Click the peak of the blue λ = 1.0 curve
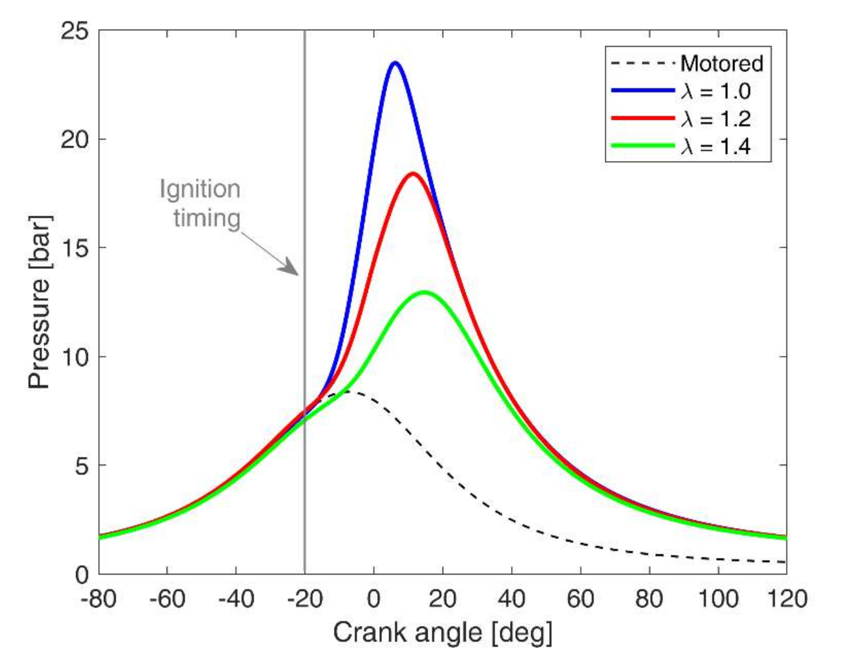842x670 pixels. click(x=395, y=63)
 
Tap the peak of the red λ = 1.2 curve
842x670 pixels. click(x=413, y=174)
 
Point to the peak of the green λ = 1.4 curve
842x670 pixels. click(x=425, y=292)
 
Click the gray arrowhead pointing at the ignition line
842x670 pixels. click(x=290, y=268)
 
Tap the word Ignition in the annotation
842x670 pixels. click(x=200, y=189)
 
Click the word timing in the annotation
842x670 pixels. click(x=207, y=218)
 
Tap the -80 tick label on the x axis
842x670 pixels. click(x=98, y=599)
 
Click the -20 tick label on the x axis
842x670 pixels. click(x=305, y=599)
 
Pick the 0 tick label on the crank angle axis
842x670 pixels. click(x=374, y=599)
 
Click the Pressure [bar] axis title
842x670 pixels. click(x=39, y=302)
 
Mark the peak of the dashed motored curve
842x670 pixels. click(x=346, y=392)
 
